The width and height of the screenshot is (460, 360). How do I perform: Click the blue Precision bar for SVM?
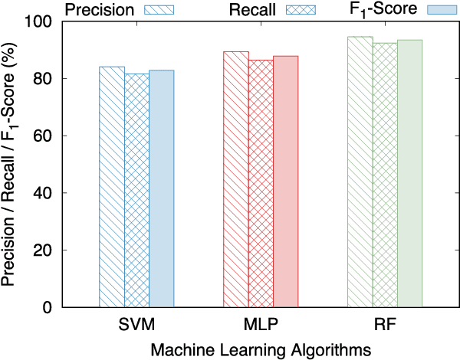[x=112, y=187]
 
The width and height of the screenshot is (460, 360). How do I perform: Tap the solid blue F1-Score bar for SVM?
[x=162, y=188]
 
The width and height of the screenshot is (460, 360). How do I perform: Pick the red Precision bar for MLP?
[x=235, y=179]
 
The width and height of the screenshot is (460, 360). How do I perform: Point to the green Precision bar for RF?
[x=360, y=172]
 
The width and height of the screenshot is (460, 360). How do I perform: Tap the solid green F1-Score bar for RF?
[x=409, y=173]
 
